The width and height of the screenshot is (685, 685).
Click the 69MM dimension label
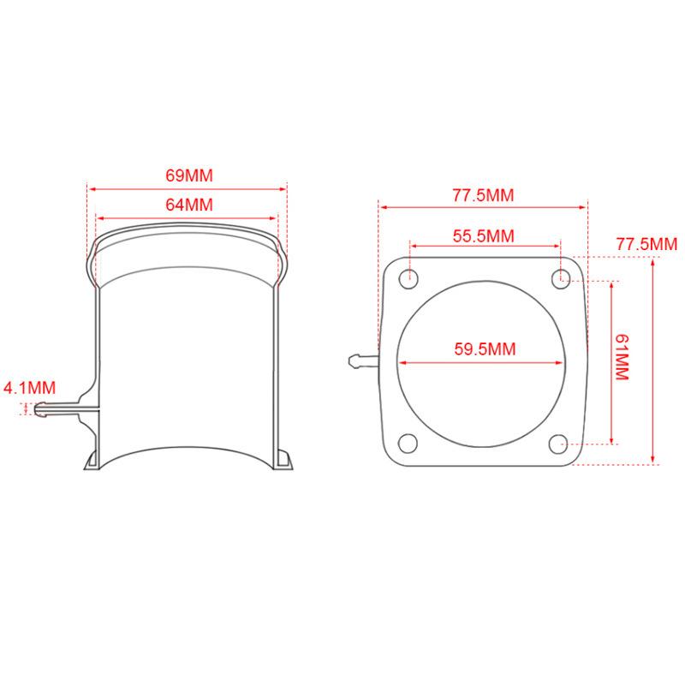pyautogui.click(x=188, y=176)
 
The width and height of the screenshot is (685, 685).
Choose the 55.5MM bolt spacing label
pyautogui.click(x=484, y=236)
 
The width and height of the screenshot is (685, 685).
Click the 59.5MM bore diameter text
pyautogui.click(x=484, y=348)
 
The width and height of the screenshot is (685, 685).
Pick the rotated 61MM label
pyautogui.click(x=622, y=359)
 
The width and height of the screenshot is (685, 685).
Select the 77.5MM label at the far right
pyautogui.click(x=646, y=244)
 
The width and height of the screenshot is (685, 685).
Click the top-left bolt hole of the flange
pyautogui.click(x=410, y=277)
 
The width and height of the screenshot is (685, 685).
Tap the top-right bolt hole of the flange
pyautogui.click(x=560, y=277)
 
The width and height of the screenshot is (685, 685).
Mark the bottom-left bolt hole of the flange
pyautogui.click(x=409, y=444)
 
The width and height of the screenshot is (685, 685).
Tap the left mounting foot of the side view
pyautogui.click(x=92, y=462)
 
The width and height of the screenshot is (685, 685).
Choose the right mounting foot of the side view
pyautogui.click(x=285, y=462)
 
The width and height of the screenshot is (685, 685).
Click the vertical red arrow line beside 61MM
pyautogui.click(x=611, y=359)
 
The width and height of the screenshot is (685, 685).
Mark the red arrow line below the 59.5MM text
pyautogui.click(x=484, y=361)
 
